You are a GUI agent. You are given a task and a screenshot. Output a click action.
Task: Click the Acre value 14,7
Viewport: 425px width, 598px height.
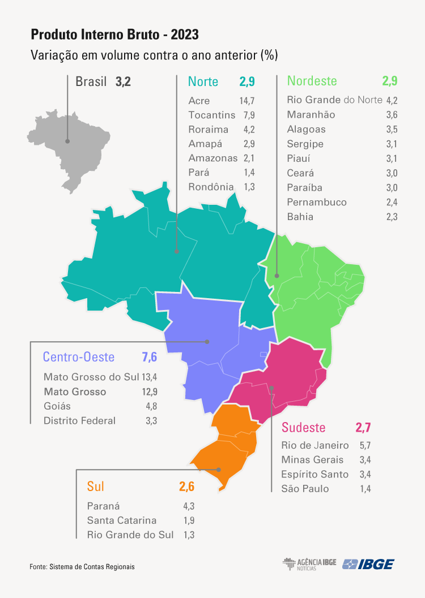click(x=247, y=101)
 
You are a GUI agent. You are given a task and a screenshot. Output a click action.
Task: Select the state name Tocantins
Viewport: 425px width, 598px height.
click(x=212, y=115)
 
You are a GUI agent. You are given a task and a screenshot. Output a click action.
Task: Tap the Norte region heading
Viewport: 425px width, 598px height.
click(x=203, y=81)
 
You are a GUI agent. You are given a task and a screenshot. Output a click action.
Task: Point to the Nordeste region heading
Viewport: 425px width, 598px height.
click(x=312, y=81)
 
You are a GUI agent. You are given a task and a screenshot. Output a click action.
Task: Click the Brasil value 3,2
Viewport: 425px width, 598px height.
click(x=123, y=81)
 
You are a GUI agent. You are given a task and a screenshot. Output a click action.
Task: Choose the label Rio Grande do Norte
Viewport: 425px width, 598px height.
click(x=335, y=100)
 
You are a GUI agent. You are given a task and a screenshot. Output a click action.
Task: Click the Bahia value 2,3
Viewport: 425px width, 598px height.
click(x=391, y=217)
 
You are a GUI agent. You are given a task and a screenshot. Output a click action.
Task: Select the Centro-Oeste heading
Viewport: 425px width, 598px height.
click(x=79, y=357)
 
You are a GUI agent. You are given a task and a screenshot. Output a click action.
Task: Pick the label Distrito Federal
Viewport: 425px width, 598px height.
click(x=79, y=420)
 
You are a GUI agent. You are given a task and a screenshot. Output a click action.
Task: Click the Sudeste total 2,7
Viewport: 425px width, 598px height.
click(x=363, y=427)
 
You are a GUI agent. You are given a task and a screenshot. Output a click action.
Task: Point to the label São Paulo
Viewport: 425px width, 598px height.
click(x=305, y=489)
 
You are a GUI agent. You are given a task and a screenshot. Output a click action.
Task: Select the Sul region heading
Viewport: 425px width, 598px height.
click(x=96, y=486)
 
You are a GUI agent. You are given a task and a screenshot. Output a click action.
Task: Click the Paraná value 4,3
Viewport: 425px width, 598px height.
click(x=189, y=506)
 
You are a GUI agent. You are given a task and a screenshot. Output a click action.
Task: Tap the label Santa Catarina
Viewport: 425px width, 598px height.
click(x=122, y=520)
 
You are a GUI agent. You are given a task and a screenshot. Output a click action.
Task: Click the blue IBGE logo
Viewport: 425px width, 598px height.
click(x=368, y=564)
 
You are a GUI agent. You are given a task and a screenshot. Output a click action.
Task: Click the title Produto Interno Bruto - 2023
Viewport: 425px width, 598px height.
click(x=114, y=35)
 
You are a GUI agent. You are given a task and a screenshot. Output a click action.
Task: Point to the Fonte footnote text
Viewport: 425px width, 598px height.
click(x=82, y=566)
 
